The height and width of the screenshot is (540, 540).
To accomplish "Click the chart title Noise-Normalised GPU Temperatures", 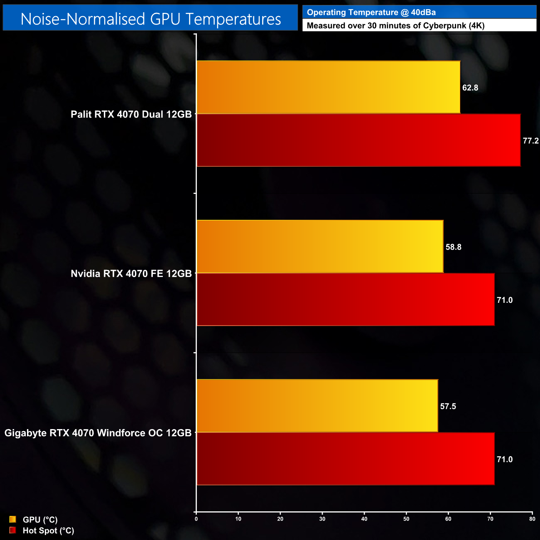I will click(x=150, y=19).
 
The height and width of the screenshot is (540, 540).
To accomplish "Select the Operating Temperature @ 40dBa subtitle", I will click(x=371, y=12).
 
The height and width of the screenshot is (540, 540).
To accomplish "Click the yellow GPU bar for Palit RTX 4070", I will click(x=328, y=87).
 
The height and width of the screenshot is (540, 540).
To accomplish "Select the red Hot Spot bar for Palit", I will click(x=358, y=140).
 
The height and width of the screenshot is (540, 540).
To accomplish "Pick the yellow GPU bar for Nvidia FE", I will click(x=320, y=247).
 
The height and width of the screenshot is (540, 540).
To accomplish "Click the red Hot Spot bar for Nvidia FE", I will click(x=345, y=300).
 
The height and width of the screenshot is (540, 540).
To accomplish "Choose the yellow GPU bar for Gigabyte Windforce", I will click(x=317, y=406).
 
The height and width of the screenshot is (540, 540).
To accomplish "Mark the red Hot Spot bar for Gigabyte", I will click(x=345, y=459).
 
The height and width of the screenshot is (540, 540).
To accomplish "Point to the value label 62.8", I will click(x=470, y=88).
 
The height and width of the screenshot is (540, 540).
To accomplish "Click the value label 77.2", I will click(x=530, y=141).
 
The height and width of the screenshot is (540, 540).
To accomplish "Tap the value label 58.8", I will click(x=453, y=247).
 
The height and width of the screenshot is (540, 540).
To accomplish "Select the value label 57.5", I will click(x=448, y=406).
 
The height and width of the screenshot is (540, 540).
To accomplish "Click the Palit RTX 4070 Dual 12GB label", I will click(x=131, y=114).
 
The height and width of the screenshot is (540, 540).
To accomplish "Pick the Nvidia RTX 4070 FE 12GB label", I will click(x=131, y=273).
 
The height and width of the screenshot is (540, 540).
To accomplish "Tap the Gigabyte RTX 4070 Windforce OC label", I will click(x=98, y=433).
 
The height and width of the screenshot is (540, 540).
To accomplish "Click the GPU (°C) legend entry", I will click(x=40, y=520).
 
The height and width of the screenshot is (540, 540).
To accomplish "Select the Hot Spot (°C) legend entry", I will click(x=48, y=530).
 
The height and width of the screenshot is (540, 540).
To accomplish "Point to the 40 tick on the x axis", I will click(x=364, y=519).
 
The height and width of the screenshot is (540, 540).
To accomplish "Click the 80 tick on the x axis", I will click(x=532, y=519).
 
